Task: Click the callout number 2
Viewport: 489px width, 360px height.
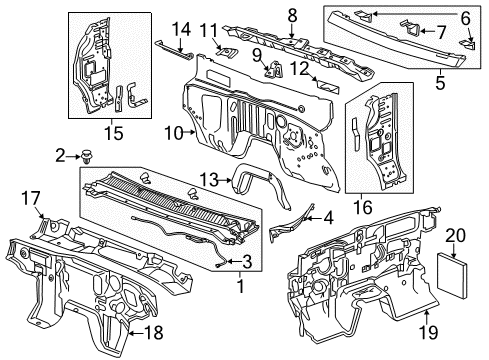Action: tap(60, 154)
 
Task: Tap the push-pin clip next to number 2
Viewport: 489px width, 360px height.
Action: tap(86, 156)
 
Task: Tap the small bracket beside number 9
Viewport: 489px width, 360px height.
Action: tap(271, 70)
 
